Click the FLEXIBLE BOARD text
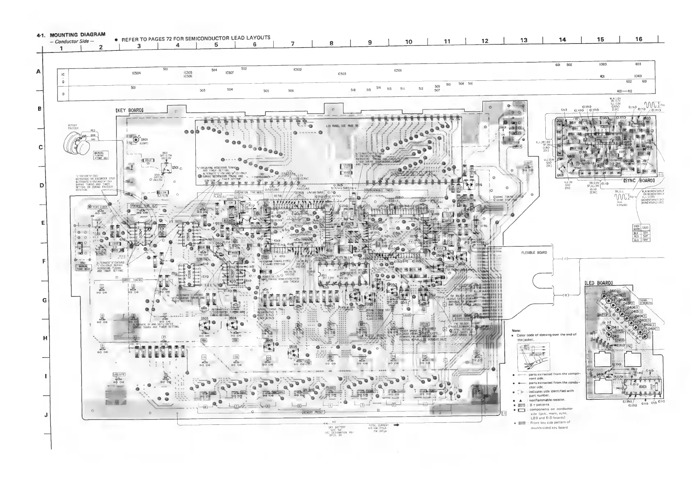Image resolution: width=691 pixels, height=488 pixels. [534, 253]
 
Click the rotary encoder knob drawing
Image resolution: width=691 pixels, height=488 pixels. [76, 143]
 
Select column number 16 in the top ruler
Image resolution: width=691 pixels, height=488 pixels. [638, 39]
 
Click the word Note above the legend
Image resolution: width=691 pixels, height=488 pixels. [516, 331]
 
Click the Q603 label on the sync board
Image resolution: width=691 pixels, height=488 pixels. [647, 118]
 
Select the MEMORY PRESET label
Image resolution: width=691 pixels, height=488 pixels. [314, 412]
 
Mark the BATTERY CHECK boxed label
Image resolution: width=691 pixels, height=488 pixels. [98, 208]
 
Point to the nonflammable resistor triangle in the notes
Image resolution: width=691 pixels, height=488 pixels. [520, 400]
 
